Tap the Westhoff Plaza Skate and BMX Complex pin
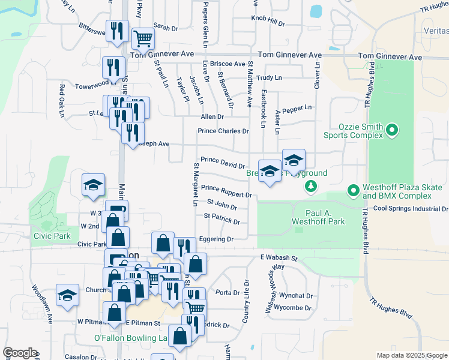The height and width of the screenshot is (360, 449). [x=353, y=191]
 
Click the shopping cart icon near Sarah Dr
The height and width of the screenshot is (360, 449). [x=143, y=39]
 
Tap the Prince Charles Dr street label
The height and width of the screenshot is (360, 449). [x=223, y=131]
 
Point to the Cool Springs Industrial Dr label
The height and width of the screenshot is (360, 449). [x=410, y=209]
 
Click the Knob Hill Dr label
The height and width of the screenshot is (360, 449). [x=268, y=22]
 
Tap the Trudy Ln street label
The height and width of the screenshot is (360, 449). [x=269, y=78]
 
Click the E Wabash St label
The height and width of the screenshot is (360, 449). [x=279, y=257]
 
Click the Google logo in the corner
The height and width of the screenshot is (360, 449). [x=20, y=353]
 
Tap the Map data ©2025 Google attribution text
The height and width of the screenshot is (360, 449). [x=411, y=355]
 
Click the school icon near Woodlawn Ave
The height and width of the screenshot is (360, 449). [x=67, y=295]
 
